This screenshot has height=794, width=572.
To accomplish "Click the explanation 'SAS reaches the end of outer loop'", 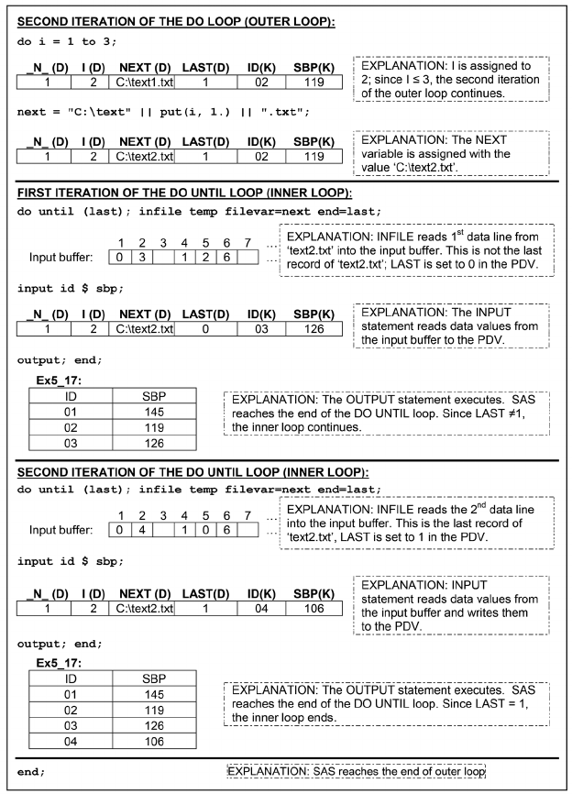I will (356, 771).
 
